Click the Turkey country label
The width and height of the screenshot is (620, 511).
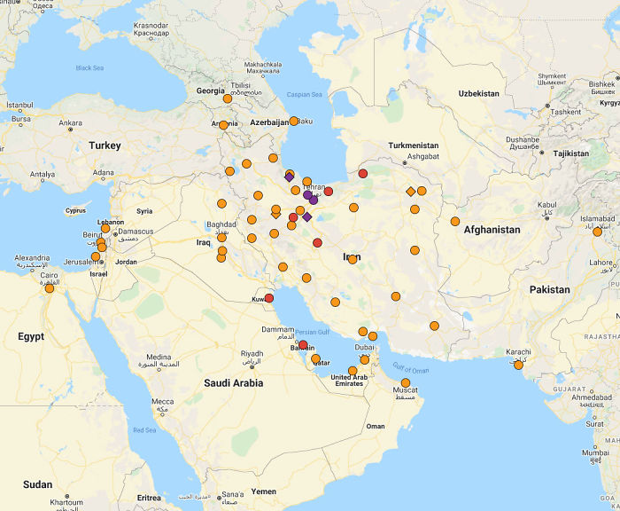pos(105,145)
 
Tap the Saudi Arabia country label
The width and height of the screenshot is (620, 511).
pos(234,383)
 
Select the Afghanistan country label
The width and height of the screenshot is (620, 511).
pos(492,230)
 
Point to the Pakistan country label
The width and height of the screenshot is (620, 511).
pos(550,289)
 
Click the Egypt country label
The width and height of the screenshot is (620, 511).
pos(31,337)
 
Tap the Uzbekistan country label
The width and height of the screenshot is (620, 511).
pos(478,93)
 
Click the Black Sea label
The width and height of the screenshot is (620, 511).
pos(89,68)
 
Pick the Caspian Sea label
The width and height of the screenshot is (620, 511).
pos(304,94)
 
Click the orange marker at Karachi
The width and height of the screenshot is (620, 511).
pos(518,365)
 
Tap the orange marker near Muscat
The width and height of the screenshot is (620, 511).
pos(406,383)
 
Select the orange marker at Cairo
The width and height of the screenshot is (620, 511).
pos(50,288)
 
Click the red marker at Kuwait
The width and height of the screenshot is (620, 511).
pos(269,299)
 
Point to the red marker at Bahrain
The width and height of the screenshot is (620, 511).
pos(303,345)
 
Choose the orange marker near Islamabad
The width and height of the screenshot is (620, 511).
pos(597,232)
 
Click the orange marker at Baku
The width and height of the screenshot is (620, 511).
pos(294,121)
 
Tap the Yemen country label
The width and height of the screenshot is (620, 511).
pos(263,491)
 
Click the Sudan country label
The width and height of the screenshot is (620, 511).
pos(38,484)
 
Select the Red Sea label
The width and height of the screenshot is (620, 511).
pos(144,430)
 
